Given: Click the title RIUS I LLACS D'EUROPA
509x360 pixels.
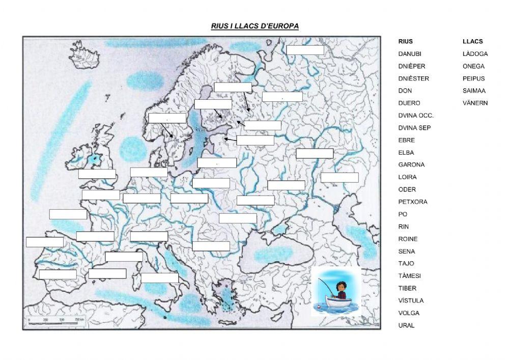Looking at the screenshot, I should (254, 26).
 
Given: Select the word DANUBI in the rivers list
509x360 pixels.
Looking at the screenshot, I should (410, 54).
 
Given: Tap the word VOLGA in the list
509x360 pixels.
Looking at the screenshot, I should (409, 313).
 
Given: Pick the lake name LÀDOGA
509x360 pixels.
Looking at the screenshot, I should (475, 54).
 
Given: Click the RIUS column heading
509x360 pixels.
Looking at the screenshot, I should (405, 42).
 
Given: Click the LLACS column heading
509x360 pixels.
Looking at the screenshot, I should (472, 42).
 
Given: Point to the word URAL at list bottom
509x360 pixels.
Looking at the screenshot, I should (406, 325).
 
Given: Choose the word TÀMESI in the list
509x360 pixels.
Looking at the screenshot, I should (409, 276).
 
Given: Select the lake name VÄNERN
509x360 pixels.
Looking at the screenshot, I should (475, 103).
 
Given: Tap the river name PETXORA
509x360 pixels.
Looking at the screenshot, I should (412, 202).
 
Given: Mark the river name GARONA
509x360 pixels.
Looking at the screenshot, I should (411, 165).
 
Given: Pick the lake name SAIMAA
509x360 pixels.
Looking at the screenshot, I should (474, 91).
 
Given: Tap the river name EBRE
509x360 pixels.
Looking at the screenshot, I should (406, 140).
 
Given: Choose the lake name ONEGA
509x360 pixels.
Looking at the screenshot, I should (473, 66).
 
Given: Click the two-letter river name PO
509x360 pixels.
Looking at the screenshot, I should (403, 214).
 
